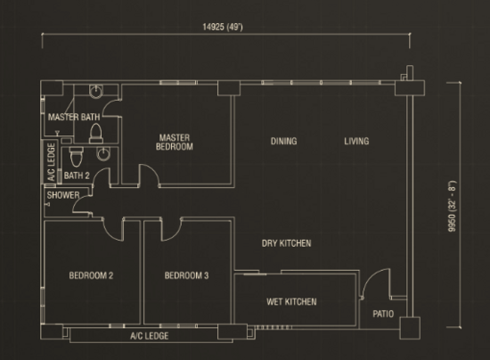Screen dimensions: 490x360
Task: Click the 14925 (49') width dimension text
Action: [x=223, y=28]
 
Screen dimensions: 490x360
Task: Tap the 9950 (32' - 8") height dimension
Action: [x=452, y=206]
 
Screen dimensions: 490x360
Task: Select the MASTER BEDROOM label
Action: [x=175, y=143]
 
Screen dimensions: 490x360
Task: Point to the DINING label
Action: [x=283, y=142]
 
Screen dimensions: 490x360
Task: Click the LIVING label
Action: [x=356, y=142]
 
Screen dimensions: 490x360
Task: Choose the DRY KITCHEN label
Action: [x=287, y=243]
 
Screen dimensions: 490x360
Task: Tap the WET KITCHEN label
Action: [x=291, y=302]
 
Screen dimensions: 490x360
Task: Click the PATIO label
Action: [x=383, y=314]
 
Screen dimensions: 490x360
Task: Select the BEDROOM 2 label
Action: [x=91, y=275]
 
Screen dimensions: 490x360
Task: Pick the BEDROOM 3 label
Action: [x=186, y=275]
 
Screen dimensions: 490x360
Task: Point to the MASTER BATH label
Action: [x=74, y=118]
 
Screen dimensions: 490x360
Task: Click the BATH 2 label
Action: [x=77, y=176]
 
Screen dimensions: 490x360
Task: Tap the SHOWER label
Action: [x=63, y=195]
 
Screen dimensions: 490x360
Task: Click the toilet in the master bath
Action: [x=96, y=134]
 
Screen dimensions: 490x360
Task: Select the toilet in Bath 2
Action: [x=77, y=157]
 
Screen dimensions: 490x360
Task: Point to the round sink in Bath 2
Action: [x=103, y=154]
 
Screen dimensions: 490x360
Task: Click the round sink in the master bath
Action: [x=96, y=91]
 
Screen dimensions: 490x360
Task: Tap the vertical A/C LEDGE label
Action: [x=52, y=162]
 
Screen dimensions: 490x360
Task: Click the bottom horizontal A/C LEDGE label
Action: [x=150, y=336]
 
